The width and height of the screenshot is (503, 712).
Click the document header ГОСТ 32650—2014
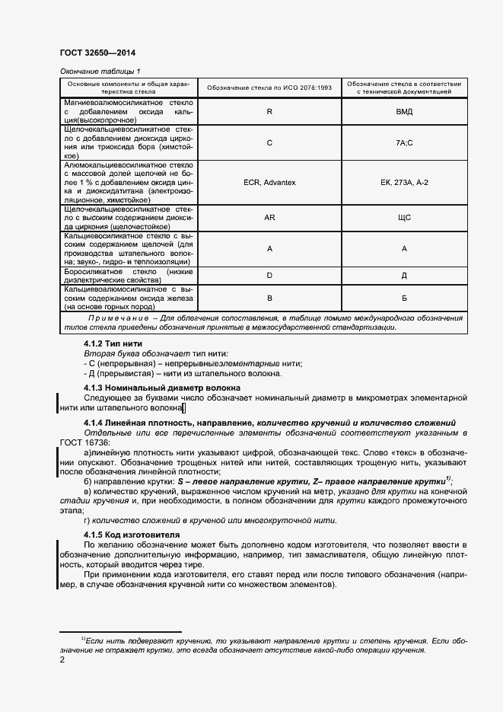92,53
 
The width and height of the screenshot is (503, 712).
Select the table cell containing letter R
269,111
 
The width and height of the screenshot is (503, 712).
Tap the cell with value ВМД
404,111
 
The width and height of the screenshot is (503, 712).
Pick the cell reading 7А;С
404,142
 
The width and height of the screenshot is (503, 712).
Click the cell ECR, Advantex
269,182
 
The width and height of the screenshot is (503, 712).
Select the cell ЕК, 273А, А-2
404,182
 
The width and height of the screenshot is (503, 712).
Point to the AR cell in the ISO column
269,217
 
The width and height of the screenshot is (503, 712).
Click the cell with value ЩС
404,217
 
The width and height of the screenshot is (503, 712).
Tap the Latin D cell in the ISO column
269,275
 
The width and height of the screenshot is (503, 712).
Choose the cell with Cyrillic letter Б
404,299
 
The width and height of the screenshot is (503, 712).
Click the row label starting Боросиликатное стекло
129,275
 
